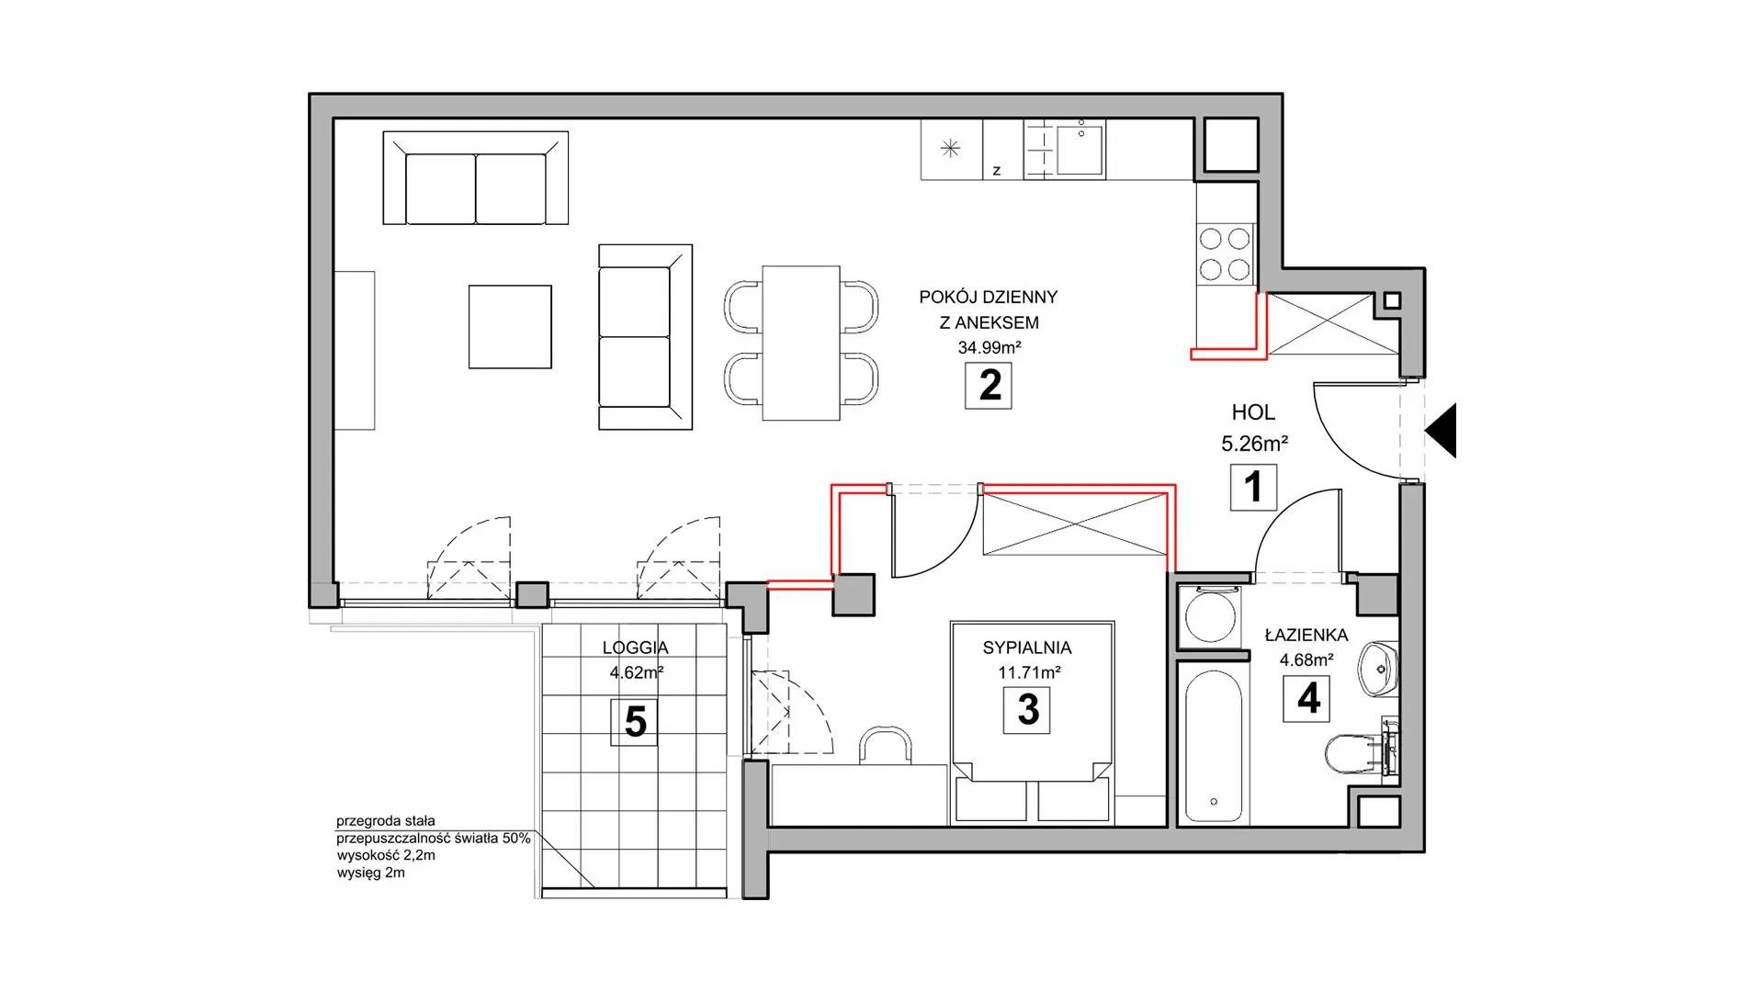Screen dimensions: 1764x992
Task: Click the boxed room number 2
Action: tap(989, 385)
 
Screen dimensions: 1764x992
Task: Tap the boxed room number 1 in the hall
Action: tap(1254, 486)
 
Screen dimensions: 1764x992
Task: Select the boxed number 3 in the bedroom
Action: tap(1027, 710)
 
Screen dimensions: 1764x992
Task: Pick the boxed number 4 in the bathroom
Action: tap(1308, 698)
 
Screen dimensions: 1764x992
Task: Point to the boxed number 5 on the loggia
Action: tap(635, 722)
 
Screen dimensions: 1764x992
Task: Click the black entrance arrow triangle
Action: tap(1442, 430)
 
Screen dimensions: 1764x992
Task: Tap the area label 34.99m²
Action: tap(989, 348)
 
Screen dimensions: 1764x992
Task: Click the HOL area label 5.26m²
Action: tap(1254, 445)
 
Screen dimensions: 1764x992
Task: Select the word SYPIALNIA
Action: tap(1027, 648)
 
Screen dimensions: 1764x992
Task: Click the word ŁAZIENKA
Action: tap(1306, 635)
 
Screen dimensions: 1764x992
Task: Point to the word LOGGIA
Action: tap(636, 648)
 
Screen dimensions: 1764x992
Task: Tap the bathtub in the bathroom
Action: tap(1214, 743)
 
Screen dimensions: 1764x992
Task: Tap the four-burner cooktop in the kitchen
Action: tap(1225, 253)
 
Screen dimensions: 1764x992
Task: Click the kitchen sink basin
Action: tap(1080, 151)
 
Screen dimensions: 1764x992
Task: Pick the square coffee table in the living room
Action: tap(510, 326)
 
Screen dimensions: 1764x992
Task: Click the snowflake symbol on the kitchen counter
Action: tap(951, 149)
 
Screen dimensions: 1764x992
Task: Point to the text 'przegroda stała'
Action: tap(386, 821)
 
